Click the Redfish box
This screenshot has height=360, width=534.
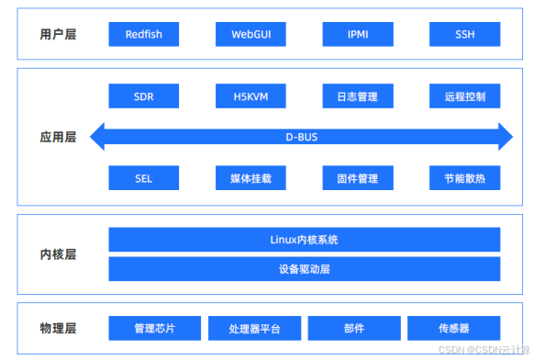click(x=144, y=35)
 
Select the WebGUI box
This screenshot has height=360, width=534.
click(x=250, y=35)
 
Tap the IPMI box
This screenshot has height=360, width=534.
click(x=358, y=35)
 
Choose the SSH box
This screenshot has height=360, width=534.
click(x=464, y=35)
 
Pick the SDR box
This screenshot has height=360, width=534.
click(x=144, y=96)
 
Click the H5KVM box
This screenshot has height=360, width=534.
click(x=250, y=96)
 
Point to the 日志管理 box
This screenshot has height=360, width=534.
click(x=358, y=96)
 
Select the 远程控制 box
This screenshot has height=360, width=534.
click(x=464, y=96)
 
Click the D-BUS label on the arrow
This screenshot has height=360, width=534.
click(x=302, y=138)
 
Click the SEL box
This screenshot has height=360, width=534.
click(x=144, y=178)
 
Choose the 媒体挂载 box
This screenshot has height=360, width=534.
click(x=250, y=178)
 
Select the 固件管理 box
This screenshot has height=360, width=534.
click(x=358, y=178)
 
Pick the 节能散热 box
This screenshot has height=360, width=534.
click(x=464, y=178)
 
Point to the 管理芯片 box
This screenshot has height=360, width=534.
click(x=154, y=328)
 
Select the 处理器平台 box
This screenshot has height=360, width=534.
click(x=254, y=328)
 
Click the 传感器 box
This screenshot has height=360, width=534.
click(x=453, y=328)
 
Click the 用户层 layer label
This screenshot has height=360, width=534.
click(x=57, y=35)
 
